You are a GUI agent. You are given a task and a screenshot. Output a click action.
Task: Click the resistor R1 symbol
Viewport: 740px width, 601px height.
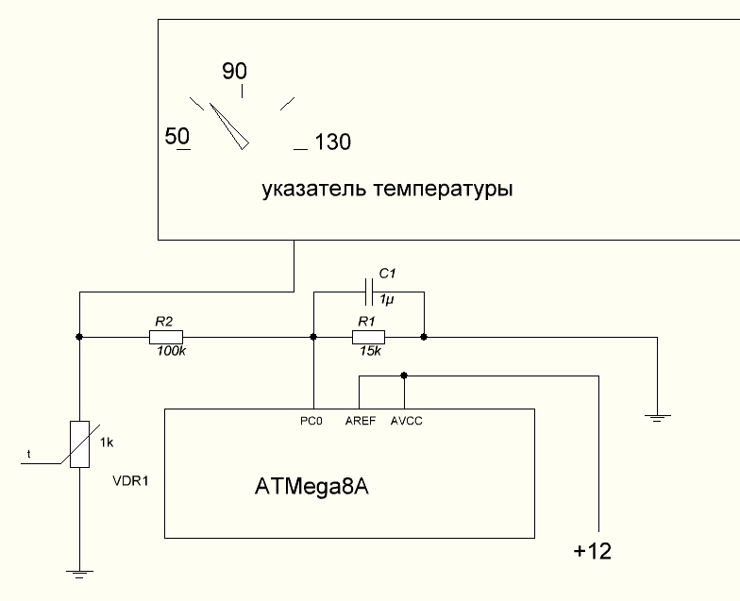point(367,337)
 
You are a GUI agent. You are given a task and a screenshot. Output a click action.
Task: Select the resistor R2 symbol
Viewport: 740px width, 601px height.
point(167,337)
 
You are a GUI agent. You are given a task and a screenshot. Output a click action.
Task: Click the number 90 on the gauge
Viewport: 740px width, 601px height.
point(234,72)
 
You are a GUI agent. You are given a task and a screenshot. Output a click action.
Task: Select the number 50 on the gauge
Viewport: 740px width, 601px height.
point(177,135)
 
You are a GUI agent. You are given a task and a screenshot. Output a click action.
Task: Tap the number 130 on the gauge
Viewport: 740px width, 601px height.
point(332,142)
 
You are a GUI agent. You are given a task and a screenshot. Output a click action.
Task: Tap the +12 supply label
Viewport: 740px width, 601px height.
point(593,551)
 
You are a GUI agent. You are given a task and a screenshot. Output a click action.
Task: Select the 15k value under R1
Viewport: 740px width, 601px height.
point(368,351)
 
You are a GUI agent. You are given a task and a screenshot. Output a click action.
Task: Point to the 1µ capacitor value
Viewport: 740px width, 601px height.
point(387,299)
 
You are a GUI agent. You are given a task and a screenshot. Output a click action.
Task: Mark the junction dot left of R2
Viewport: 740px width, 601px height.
point(80,337)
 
